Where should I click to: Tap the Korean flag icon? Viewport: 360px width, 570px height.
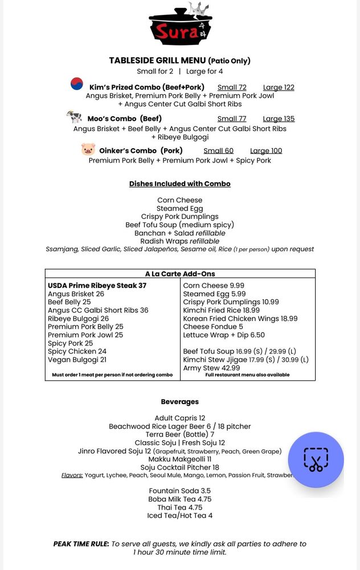(77, 84)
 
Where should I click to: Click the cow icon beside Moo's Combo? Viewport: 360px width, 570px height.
(74, 117)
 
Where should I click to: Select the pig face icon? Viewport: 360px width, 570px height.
(88, 150)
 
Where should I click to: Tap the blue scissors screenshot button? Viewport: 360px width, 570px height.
(316, 459)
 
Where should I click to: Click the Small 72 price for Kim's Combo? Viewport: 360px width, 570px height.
(232, 87)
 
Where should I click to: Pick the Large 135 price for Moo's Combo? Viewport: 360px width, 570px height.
(279, 119)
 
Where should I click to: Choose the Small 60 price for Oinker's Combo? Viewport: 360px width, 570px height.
(218, 150)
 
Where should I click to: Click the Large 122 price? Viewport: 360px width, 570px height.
(279, 87)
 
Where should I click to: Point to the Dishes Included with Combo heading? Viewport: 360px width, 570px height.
(180, 184)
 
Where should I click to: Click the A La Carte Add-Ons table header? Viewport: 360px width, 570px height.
(180, 274)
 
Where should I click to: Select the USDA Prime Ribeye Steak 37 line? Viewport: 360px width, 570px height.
(97, 286)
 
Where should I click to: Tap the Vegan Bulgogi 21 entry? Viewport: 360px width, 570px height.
(77, 360)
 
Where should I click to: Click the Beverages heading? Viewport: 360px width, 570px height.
(180, 402)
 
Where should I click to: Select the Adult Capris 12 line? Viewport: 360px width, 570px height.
(180, 418)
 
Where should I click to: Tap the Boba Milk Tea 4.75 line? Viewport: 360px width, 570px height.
(180, 499)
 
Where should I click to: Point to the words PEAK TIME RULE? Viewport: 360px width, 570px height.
(81, 544)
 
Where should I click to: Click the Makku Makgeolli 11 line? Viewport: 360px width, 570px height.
(180, 459)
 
